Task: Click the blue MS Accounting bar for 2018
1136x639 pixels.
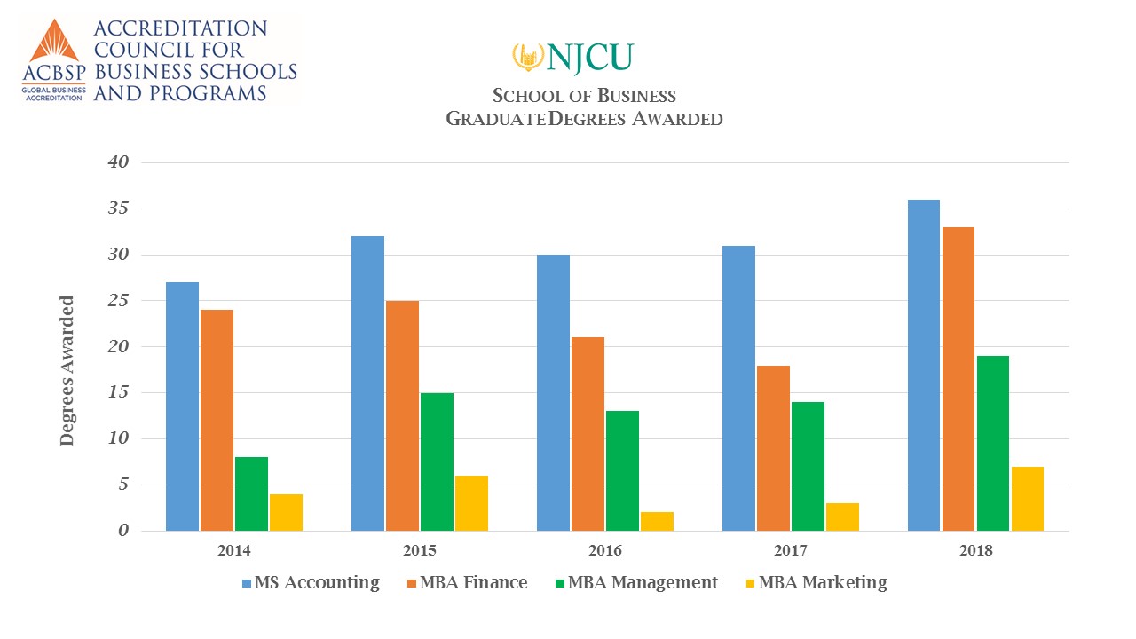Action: coord(924,365)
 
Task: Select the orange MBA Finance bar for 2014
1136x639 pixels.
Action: coord(217,420)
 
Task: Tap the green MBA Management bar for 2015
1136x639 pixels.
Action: coord(437,461)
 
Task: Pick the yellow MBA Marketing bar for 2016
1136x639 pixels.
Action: coord(657,521)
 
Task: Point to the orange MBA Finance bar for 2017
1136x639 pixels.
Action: coord(773,448)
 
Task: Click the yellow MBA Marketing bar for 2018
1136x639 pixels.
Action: coord(1028,499)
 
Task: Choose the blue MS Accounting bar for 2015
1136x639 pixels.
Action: coord(367,383)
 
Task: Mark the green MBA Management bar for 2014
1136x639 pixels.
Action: coord(252,493)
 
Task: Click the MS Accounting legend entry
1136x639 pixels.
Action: coord(311,583)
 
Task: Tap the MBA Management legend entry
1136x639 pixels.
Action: coord(634,583)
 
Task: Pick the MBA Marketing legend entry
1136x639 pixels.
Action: coord(813,583)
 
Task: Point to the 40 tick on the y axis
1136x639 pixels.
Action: coord(119,162)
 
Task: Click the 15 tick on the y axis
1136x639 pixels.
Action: coord(119,392)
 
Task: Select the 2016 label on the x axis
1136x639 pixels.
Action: coord(605,550)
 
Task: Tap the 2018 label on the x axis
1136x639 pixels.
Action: coord(976,550)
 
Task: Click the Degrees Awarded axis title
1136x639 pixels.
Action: coord(67,371)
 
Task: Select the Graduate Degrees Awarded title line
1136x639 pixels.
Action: coord(584,118)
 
